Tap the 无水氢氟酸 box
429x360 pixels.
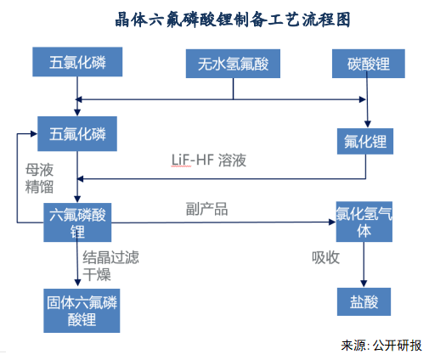pos(232,64)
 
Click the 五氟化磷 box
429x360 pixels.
pos(77,134)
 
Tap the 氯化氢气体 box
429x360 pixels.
pos(364,222)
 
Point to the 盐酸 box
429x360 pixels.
pos(364,301)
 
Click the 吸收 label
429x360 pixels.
pos(325,256)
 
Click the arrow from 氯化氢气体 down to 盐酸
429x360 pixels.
pos(364,263)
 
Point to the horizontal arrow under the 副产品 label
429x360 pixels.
pos(221,222)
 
